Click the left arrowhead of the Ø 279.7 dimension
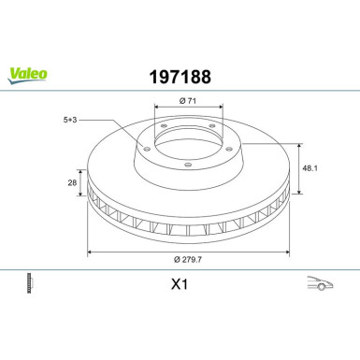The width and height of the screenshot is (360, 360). [90, 252]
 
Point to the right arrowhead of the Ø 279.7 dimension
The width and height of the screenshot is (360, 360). [284, 252]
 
